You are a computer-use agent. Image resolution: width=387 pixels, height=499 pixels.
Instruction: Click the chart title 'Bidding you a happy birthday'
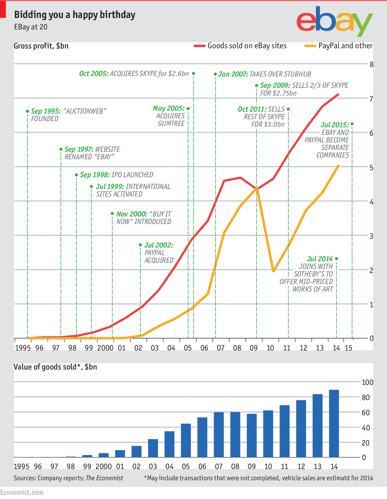[74, 15]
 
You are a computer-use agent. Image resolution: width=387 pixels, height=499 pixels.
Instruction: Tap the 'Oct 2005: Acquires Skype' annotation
[134, 74]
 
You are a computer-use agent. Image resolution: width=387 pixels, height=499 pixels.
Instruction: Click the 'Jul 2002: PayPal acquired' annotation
[158, 252]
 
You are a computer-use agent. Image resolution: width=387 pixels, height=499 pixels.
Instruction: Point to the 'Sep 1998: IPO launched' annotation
[116, 175]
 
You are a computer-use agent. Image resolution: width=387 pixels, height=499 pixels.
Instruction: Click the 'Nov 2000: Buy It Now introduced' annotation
[143, 218]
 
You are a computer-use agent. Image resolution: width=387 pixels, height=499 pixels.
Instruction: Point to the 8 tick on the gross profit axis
[371, 64]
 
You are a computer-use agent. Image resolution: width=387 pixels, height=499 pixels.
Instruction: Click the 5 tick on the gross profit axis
[371, 167]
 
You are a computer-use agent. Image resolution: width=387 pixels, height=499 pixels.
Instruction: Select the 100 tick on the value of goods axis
[367, 382]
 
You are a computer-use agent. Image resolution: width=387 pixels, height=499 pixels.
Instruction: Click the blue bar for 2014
[334, 423]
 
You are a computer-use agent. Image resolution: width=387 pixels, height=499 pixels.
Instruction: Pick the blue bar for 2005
[186, 440]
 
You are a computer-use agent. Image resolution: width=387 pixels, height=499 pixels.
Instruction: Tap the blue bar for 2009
[252, 435]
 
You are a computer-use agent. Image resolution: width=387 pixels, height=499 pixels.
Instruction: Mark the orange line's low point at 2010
[273, 271]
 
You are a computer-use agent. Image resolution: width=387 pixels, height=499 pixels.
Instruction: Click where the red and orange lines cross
[257, 188]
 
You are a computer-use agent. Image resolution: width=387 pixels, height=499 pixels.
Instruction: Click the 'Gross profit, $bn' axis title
[41, 46]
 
